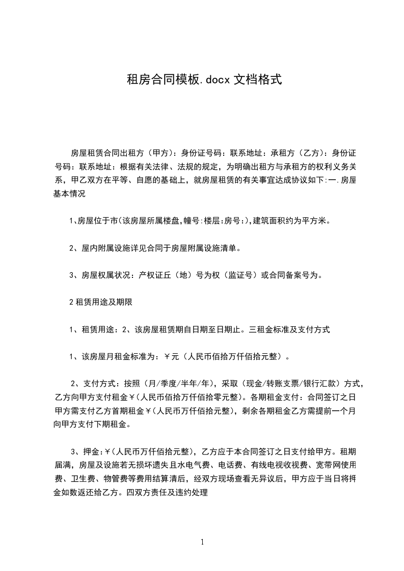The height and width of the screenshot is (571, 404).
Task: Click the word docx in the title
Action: pos(218,79)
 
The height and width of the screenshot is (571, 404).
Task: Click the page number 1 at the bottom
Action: pos(202,541)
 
